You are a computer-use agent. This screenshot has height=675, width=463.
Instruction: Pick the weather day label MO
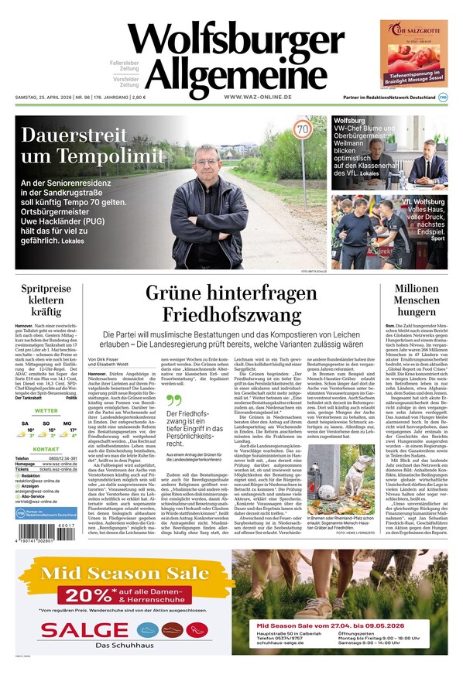(68, 423)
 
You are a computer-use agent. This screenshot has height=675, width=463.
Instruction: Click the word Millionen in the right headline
(417, 290)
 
